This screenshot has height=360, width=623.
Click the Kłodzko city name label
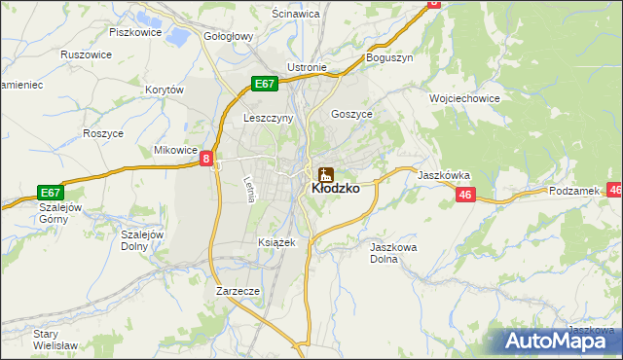(335, 190)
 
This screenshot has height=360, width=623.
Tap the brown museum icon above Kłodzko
(323, 175)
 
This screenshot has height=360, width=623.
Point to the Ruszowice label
(85, 54)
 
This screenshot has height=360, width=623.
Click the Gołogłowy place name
(228, 36)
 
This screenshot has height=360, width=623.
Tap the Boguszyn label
(389, 58)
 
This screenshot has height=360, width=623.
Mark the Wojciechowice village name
(466, 98)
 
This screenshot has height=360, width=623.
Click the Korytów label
(165, 90)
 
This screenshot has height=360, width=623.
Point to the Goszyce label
(351, 114)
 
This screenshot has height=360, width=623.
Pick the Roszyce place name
(103, 132)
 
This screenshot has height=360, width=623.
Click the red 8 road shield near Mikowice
(206, 157)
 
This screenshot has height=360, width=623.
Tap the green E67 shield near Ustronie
(265, 84)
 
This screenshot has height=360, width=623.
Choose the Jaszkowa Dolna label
(394, 253)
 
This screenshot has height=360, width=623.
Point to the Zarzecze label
(238, 291)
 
